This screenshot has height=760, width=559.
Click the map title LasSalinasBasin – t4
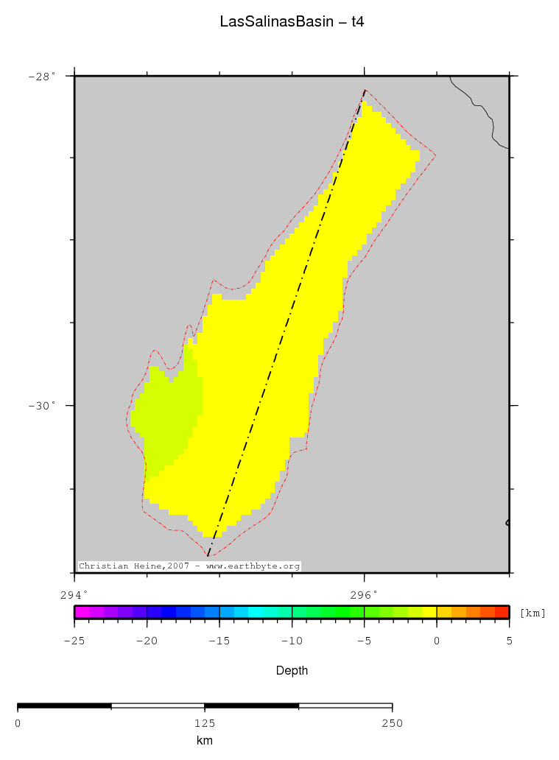(x=292, y=22)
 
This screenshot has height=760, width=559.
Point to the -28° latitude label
(x=41, y=76)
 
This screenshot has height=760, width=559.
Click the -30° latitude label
(x=41, y=406)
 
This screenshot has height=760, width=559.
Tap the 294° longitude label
(x=74, y=594)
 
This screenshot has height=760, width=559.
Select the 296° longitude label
(x=364, y=594)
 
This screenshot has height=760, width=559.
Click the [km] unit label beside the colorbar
(x=532, y=613)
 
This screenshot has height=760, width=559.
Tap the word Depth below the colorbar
(x=292, y=671)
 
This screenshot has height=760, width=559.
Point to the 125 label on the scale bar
(x=205, y=723)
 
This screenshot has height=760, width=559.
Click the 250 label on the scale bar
(x=392, y=723)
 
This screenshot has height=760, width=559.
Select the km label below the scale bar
(x=205, y=741)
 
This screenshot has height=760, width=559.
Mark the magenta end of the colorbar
(x=82, y=612)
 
